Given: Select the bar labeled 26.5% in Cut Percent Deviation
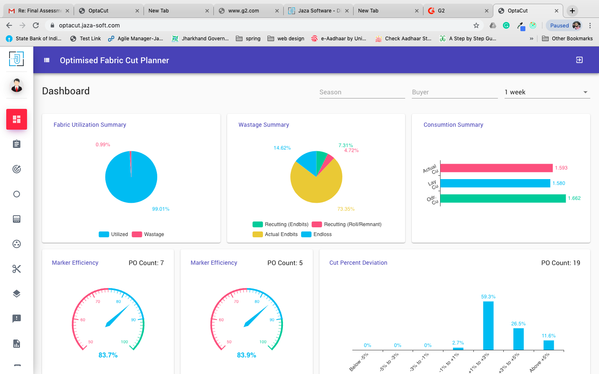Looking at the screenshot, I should coord(518,339).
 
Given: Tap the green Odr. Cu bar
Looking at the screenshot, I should coord(502,199).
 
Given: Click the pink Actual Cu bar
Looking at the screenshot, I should coord(496,168).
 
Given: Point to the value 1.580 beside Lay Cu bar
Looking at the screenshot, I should coord(559,183).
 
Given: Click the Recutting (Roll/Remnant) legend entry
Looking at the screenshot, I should coord(347,224).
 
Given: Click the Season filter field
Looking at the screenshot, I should coord(362,92).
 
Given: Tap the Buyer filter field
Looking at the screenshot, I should coord(455,92).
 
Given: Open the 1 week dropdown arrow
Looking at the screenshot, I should coord(585,92).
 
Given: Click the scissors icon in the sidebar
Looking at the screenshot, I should coord(17,269).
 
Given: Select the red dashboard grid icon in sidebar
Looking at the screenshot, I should coord(17,119).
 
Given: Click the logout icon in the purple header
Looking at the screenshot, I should coord(579,60).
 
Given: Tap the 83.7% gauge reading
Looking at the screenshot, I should coord(108,355).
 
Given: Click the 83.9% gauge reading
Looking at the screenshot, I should coord(246,355).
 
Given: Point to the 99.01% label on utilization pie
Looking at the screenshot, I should coord(161,209).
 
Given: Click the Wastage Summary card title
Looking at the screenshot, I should coord(264,125).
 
